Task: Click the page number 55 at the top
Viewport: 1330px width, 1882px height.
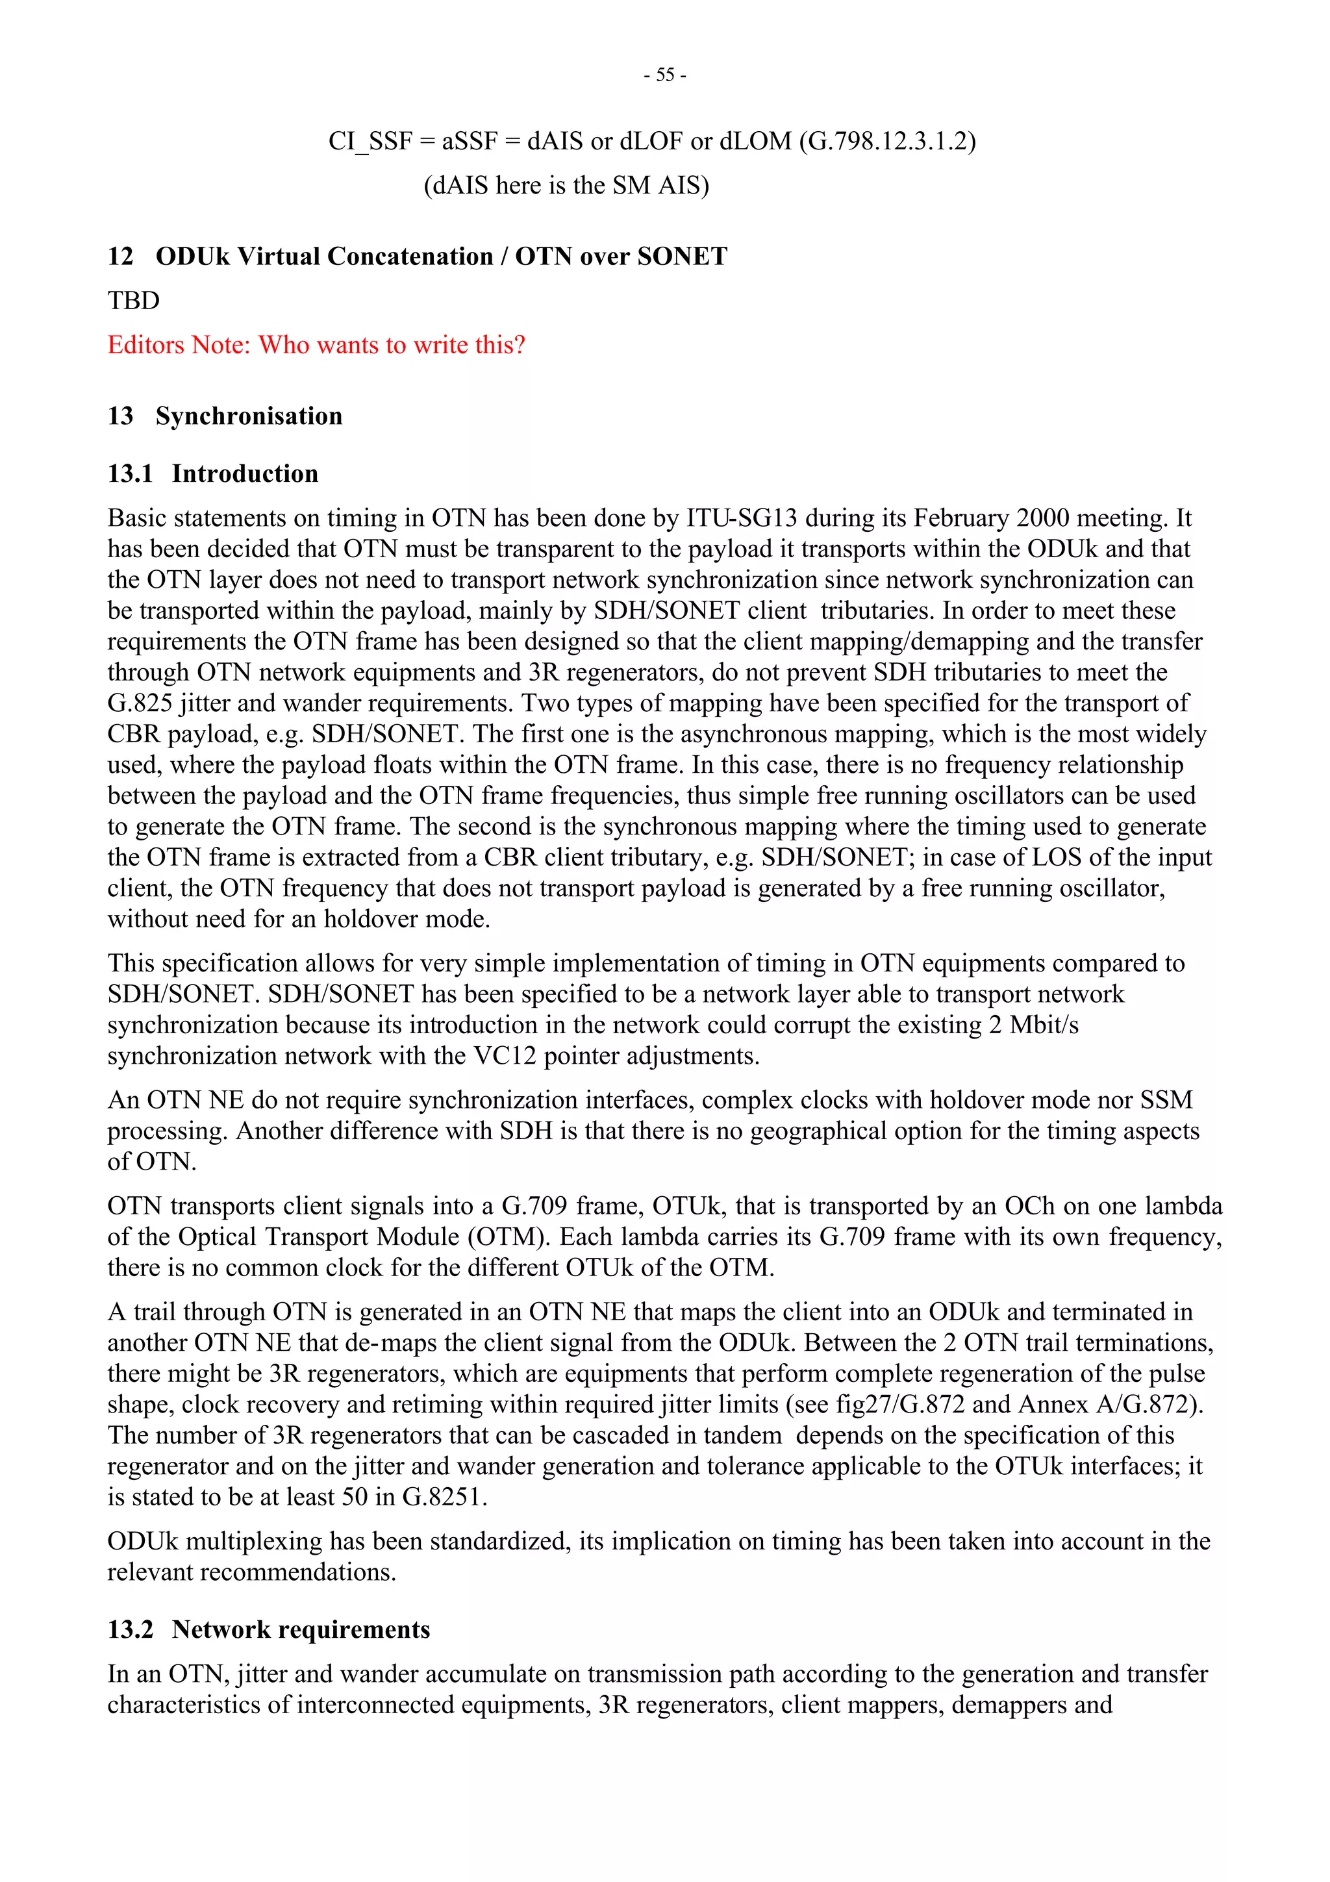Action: (664, 75)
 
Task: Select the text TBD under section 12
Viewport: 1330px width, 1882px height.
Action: (134, 301)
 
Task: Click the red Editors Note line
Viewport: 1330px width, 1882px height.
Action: (316, 345)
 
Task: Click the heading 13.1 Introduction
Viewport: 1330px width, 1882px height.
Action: (213, 474)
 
